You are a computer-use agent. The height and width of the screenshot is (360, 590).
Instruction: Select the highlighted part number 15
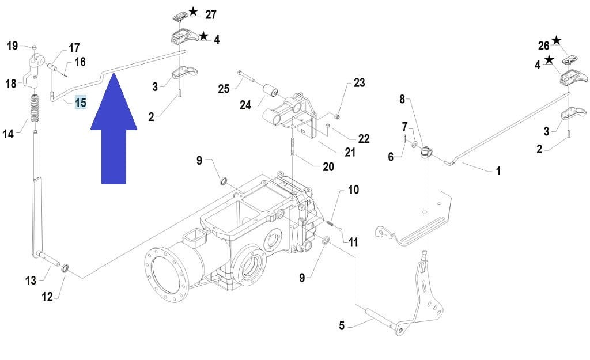(x=80, y=103)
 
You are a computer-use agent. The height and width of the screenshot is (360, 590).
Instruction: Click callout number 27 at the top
(x=210, y=14)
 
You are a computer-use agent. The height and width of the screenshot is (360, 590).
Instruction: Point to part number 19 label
(x=13, y=46)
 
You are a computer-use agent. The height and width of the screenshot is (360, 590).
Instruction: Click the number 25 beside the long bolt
(x=224, y=89)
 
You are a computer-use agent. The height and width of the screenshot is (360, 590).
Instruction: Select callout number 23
(x=359, y=83)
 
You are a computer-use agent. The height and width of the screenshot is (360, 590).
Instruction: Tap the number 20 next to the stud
(x=328, y=166)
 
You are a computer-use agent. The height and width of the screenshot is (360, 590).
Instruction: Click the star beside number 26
(x=556, y=40)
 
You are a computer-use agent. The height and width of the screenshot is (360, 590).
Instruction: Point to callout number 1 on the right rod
(x=498, y=171)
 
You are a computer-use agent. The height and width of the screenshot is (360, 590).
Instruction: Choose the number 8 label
(x=402, y=99)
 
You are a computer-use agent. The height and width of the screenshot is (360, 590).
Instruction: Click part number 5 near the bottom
(x=341, y=326)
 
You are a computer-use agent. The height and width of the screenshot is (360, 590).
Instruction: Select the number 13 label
(x=31, y=281)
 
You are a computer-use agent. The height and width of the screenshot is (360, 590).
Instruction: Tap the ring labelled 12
(x=66, y=268)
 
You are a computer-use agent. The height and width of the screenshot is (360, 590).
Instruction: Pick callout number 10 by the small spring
(x=353, y=190)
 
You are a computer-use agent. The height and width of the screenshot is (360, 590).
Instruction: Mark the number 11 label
(x=353, y=242)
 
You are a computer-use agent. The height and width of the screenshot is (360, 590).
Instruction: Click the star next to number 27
(x=193, y=12)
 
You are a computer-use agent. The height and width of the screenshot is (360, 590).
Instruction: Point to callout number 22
(x=364, y=139)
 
